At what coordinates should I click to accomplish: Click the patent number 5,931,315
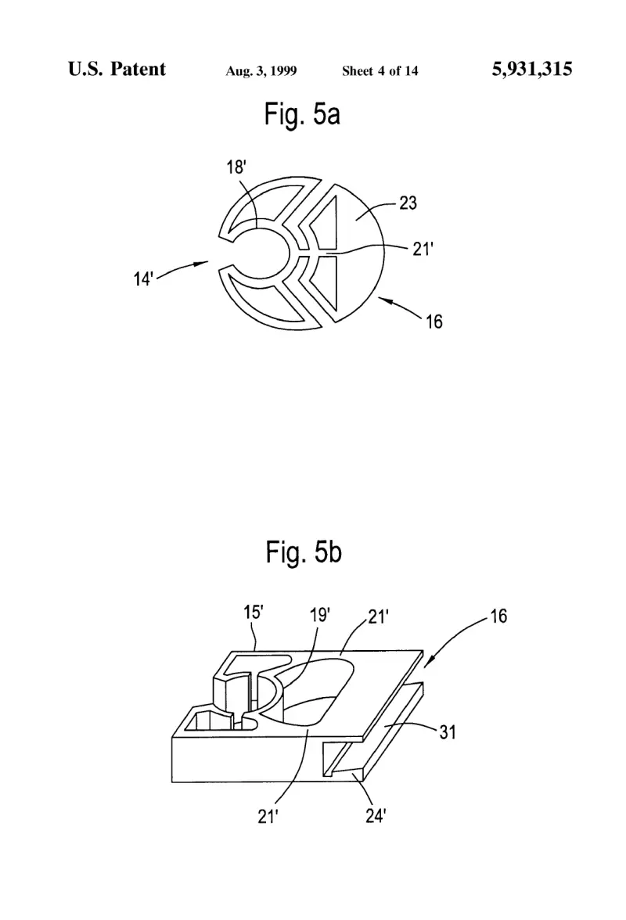pyautogui.click(x=531, y=69)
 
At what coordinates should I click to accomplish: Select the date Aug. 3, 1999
pyautogui.click(x=261, y=71)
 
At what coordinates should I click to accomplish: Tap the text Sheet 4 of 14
pyautogui.click(x=380, y=71)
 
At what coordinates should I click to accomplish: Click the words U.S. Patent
pyautogui.click(x=117, y=69)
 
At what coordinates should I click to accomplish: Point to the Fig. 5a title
pyautogui.click(x=302, y=114)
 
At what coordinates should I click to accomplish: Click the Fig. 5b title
pyautogui.click(x=304, y=552)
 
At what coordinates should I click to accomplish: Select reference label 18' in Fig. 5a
pyautogui.click(x=236, y=167)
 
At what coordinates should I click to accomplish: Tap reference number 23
pyautogui.click(x=408, y=203)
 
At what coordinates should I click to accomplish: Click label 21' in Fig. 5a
pyautogui.click(x=423, y=250)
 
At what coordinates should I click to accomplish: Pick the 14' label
pyautogui.click(x=144, y=279)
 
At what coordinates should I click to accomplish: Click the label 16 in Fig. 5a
pyautogui.click(x=434, y=322)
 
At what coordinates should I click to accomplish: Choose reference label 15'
pyautogui.click(x=254, y=613)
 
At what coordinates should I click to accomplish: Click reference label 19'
pyautogui.click(x=320, y=615)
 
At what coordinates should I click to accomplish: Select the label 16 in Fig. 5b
pyautogui.click(x=498, y=616)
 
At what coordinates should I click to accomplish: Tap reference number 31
pyautogui.click(x=448, y=732)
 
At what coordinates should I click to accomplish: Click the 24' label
pyautogui.click(x=376, y=815)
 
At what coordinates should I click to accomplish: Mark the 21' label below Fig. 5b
pyautogui.click(x=268, y=816)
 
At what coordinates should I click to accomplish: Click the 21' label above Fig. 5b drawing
pyautogui.click(x=379, y=616)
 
